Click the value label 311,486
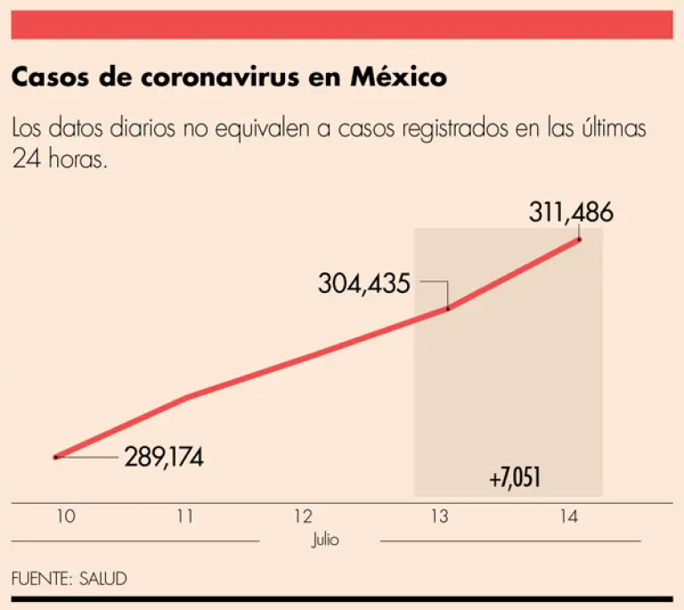click(571, 214)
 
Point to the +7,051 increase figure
click(515, 478)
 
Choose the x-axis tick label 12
click(304, 516)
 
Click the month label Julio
click(325, 540)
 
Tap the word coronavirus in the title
click(229, 78)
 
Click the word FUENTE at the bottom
click(38, 578)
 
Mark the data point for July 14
click(579, 239)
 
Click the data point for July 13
click(448, 308)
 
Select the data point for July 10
click(55, 457)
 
